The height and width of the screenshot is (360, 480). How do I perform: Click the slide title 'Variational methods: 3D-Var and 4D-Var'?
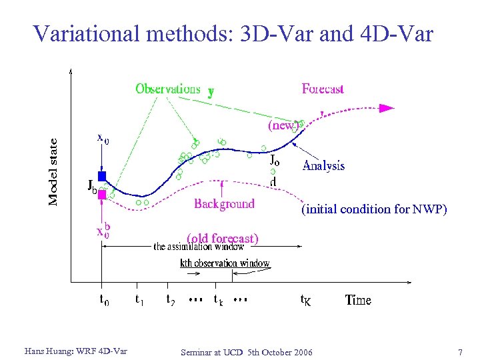point(233,33)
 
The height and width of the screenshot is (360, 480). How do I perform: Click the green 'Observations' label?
point(167,89)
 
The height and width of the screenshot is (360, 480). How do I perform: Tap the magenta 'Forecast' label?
point(322,89)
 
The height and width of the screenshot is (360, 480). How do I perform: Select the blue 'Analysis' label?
point(323,166)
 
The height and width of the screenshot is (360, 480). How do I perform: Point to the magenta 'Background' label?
point(224,204)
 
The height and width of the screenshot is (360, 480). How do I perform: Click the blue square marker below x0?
point(102,176)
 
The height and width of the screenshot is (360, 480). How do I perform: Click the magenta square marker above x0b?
point(102,195)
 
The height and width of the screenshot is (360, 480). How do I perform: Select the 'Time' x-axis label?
point(358,300)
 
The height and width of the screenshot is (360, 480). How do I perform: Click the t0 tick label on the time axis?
point(104,300)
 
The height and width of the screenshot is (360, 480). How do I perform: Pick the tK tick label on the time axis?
point(305,301)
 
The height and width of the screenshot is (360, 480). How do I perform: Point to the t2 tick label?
point(171,300)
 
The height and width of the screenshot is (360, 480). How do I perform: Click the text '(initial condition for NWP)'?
point(374,209)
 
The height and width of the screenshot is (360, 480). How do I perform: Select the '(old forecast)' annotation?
point(222,238)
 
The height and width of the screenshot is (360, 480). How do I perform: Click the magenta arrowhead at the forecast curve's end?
point(387,107)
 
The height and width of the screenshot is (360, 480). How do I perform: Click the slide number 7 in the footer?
point(460,351)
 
